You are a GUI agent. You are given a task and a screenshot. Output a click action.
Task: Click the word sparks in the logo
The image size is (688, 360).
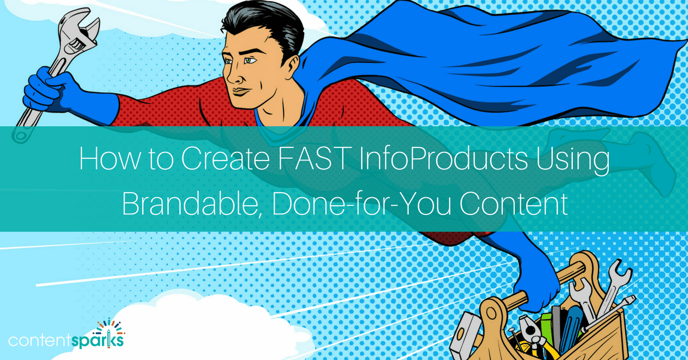coord(98,341)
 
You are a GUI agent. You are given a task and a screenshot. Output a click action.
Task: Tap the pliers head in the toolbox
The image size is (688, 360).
coord(529,329)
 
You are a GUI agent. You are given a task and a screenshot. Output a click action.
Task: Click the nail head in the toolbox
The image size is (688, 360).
coord(512,330)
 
